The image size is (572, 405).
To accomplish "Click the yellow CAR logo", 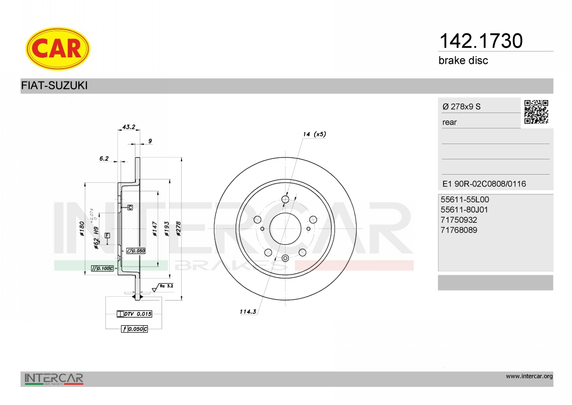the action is tap(58, 49).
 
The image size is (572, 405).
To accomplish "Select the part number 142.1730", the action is tap(481, 41).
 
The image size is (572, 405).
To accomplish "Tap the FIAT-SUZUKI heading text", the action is tap(54, 85).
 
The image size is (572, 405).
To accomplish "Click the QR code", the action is tap(536, 112).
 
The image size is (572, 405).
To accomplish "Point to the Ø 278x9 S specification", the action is tap(461, 106).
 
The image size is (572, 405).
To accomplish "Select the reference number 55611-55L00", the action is tap(465, 199).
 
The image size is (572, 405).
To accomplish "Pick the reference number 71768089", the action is tap(459, 230).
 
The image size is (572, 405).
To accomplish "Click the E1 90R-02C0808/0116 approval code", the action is tap(484, 184).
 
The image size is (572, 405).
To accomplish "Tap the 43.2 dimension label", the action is tap(129, 127).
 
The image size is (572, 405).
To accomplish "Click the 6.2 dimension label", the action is tap(104, 159).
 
